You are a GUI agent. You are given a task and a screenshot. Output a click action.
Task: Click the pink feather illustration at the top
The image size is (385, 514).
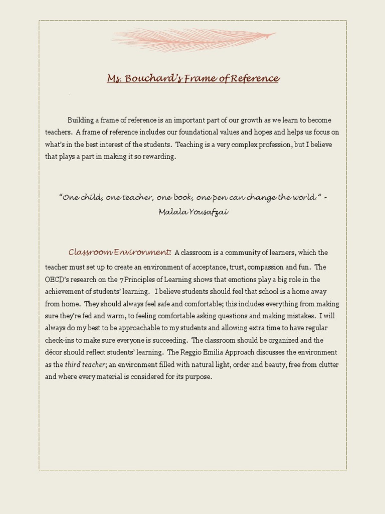(x=192, y=38)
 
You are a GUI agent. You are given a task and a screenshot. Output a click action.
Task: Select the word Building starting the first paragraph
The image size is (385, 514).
(x=80, y=120)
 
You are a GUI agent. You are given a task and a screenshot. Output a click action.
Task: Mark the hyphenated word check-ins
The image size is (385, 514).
(x=61, y=340)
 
